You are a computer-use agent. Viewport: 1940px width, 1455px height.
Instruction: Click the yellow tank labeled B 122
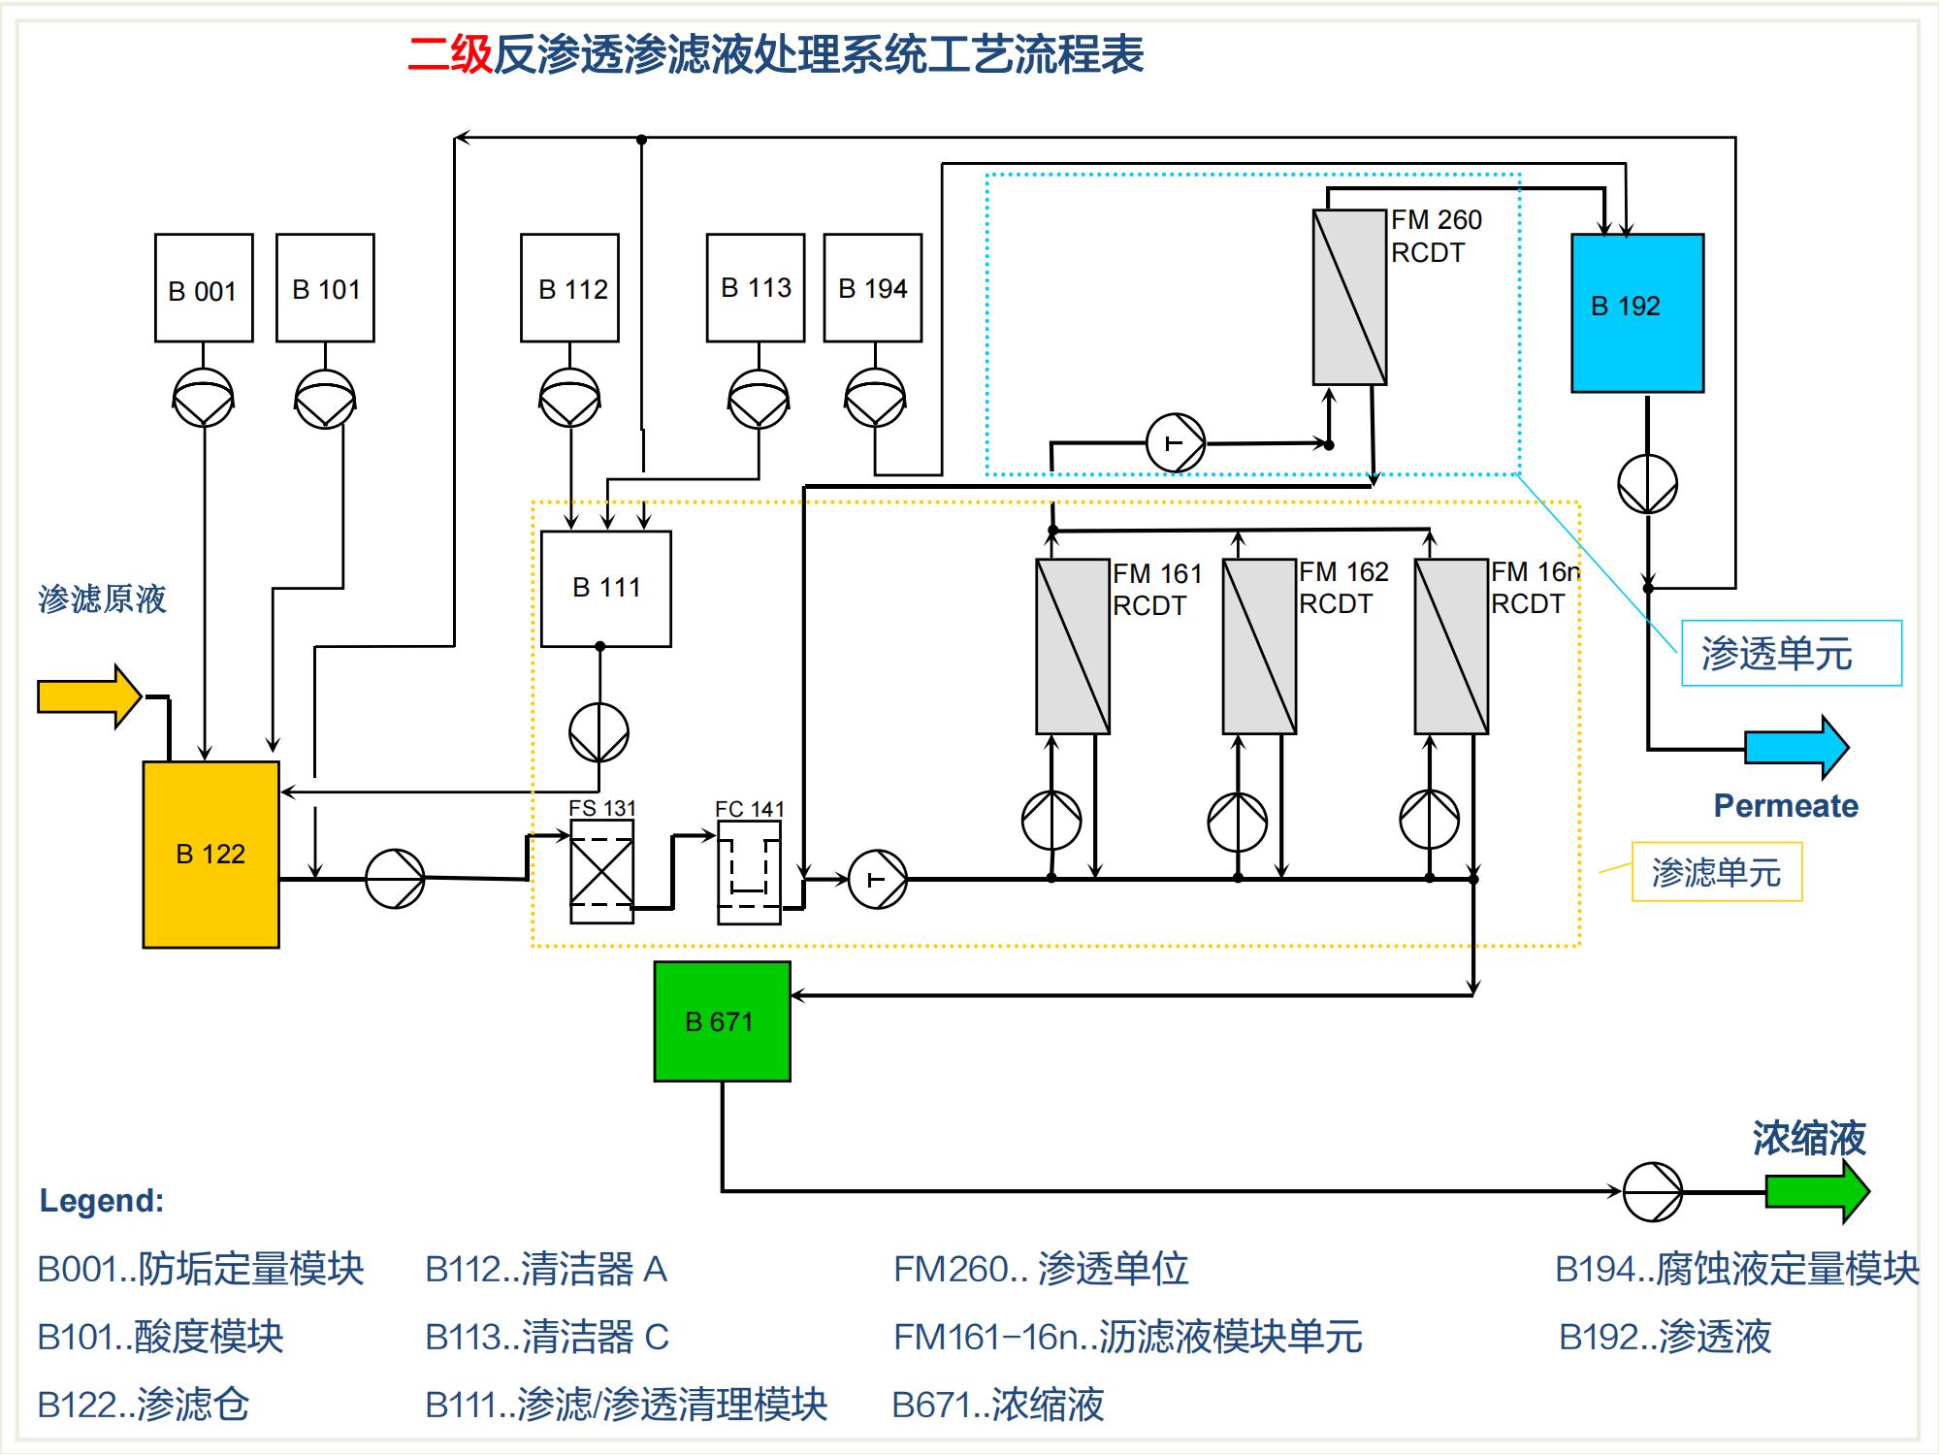pyautogui.click(x=210, y=855)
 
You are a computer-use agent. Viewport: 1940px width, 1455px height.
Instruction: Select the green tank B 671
pyautogui.click(x=722, y=1021)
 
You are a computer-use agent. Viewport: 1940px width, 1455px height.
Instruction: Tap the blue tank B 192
pyautogui.click(x=1637, y=312)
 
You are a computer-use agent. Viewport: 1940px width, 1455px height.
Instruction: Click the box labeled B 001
pyautogui.click(x=204, y=288)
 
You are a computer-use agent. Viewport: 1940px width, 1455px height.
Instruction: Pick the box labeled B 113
pyautogui.click(x=756, y=288)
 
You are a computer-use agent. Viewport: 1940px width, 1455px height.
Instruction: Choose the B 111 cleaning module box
pyautogui.click(x=606, y=589)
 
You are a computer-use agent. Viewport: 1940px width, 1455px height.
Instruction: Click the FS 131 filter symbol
pyautogui.click(x=601, y=872)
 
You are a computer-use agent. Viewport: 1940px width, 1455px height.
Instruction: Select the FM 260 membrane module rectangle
pyautogui.click(x=1349, y=297)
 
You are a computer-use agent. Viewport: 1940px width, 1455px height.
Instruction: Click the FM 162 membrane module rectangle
pyautogui.click(x=1259, y=646)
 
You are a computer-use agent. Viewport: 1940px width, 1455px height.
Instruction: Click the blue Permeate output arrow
pyautogui.click(x=1796, y=748)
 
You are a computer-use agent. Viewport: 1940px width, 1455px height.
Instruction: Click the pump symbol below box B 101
pyautogui.click(x=325, y=399)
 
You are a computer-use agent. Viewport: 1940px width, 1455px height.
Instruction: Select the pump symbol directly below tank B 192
pyautogui.click(x=1647, y=484)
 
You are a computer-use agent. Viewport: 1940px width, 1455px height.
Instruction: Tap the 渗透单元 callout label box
pyautogui.click(x=1791, y=654)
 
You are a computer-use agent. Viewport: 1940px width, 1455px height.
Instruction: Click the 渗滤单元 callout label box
pyautogui.click(x=1716, y=872)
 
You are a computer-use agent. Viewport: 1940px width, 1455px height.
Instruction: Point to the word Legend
pyautogui.click(x=102, y=1201)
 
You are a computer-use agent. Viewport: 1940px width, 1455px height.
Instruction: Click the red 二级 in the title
pyautogui.click(x=450, y=54)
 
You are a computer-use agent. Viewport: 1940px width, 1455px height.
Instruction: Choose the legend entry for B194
pyautogui.click(x=1736, y=1269)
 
